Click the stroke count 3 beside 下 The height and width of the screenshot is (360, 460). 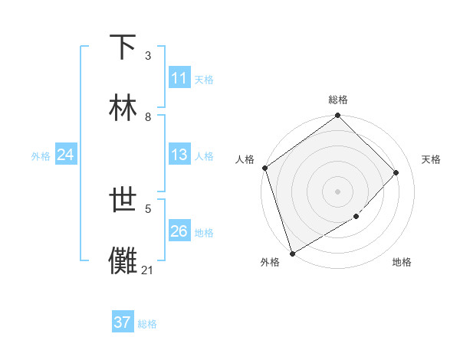click(x=147, y=56)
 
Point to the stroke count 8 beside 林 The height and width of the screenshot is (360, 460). click(x=147, y=117)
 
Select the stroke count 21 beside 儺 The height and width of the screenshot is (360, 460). click(x=147, y=270)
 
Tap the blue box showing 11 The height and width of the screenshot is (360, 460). click(x=179, y=78)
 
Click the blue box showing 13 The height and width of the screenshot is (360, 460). click(x=179, y=155)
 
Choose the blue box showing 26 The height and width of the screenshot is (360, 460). click(x=179, y=231)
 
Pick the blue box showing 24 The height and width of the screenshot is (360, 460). click(x=66, y=155)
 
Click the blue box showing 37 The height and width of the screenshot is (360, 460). click(x=123, y=322)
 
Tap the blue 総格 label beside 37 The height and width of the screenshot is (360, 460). click(x=147, y=324)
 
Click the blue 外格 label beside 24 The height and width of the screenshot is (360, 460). click(x=41, y=156)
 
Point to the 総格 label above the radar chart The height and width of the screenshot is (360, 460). click(x=338, y=100)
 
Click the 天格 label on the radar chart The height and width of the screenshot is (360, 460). click(x=431, y=159)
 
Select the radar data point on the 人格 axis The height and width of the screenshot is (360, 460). click(x=264, y=168)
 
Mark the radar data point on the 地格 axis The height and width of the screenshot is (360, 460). click(x=356, y=217)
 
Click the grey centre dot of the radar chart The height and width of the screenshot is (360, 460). click(x=337, y=191)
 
